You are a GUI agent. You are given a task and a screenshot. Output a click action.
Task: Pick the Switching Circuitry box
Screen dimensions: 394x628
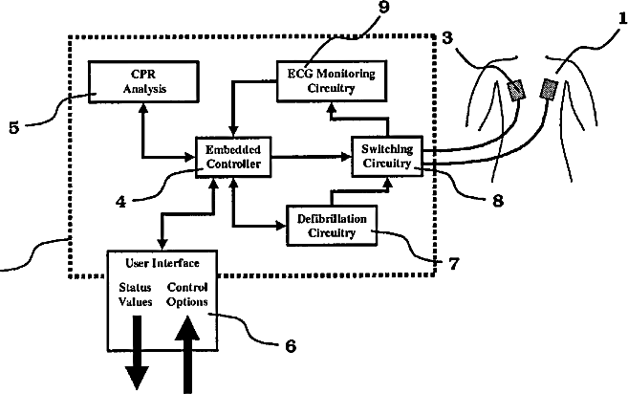(x=386, y=156)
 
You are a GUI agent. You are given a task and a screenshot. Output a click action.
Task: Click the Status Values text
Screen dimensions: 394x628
(x=136, y=294)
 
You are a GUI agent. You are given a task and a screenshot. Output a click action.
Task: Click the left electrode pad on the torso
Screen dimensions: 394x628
(x=517, y=90)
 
